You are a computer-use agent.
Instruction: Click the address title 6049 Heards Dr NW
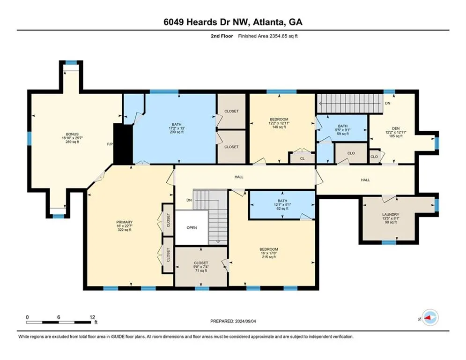pyautogui.click(x=233, y=22)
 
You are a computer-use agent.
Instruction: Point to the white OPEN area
pyautogui.click(x=191, y=227)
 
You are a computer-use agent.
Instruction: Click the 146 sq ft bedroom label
pyautogui.click(x=281, y=123)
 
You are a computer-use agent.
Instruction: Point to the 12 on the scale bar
pyautogui.click(x=92, y=317)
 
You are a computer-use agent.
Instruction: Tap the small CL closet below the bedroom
pyautogui.click(x=302, y=159)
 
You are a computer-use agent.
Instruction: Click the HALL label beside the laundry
pyautogui.click(x=365, y=180)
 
